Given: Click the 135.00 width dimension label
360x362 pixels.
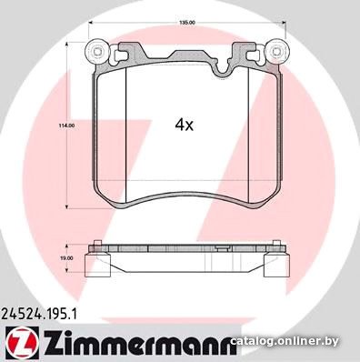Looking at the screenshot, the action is tap(187, 22).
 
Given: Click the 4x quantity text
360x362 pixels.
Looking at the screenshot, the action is tap(184, 125).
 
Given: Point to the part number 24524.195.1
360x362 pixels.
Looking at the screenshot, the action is tap(39, 314).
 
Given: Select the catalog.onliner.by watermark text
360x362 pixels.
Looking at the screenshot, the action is tap(285, 342).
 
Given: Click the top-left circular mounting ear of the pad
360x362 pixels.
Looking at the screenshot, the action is tap(96, 51).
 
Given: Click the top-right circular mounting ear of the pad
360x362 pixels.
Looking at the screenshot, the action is tap(275, 51).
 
